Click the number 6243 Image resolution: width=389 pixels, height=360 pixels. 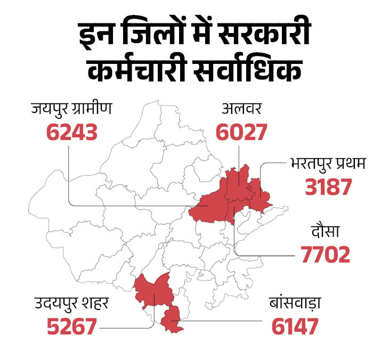coord(72,132)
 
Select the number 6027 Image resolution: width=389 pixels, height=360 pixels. coord(241,132)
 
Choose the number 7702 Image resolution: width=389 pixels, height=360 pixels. coord(326,255)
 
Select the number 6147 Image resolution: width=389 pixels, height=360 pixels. coord(295,326)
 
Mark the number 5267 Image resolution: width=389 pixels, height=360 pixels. coord(71,326)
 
